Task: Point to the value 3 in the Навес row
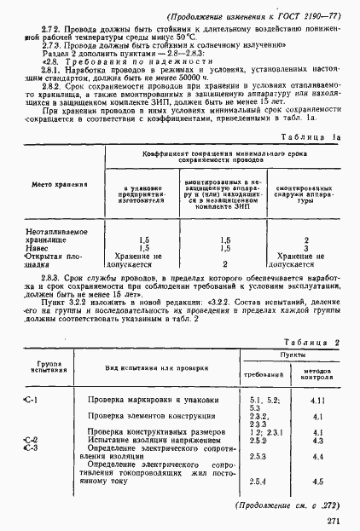[305, 248]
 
